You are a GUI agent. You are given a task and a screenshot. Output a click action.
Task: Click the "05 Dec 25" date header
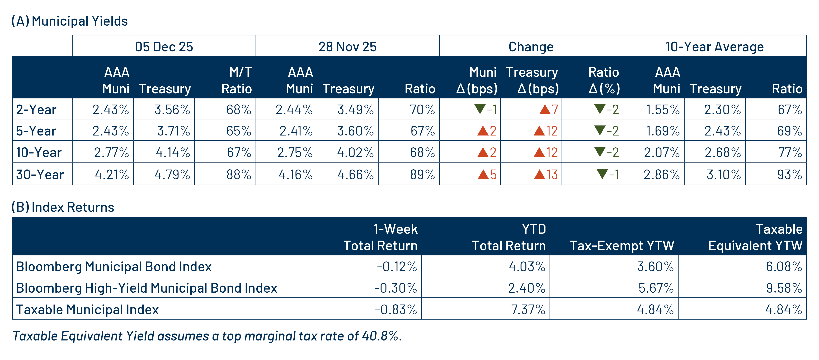164,47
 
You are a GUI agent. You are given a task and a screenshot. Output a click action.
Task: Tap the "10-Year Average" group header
714,47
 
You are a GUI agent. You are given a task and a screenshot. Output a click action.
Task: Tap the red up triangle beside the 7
545,110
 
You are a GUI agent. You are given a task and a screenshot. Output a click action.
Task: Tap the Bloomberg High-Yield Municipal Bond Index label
147,288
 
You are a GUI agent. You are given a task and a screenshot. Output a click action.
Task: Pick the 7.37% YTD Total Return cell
528,309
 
